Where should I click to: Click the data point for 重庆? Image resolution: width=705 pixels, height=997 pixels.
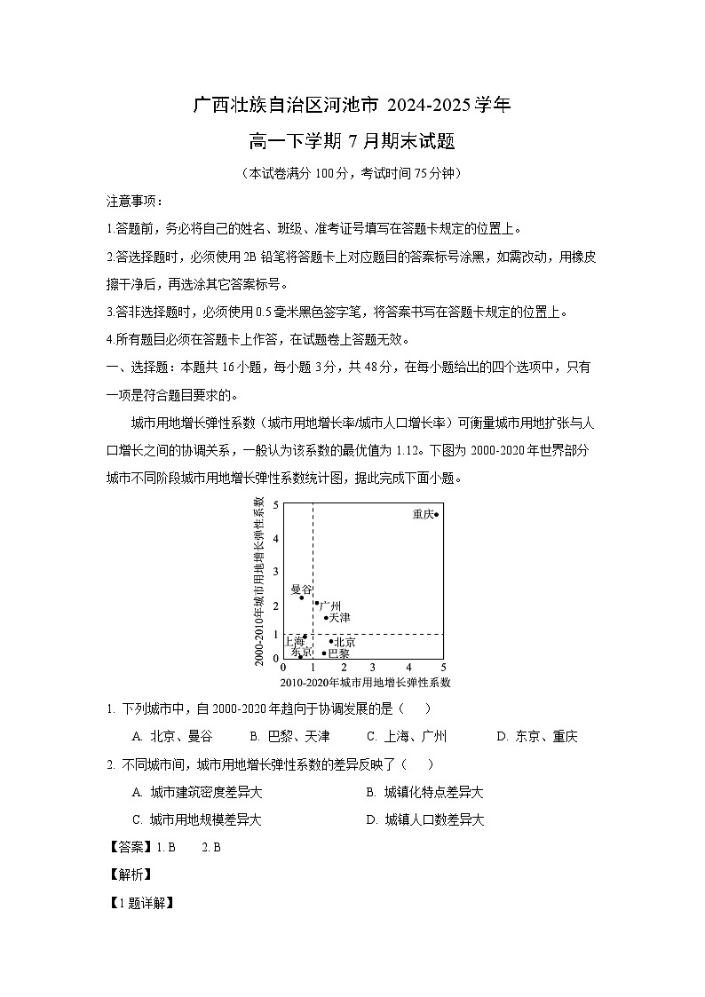pyautogui.click(x=436, y=514)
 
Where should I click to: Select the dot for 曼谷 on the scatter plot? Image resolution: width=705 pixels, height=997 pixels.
pyautogui.click(x=302, y=597)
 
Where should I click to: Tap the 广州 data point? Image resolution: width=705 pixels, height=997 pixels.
pyautogui.click(x=317, y=603)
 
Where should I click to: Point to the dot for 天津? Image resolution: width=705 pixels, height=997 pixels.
pyautogui.click(x=326, y=617)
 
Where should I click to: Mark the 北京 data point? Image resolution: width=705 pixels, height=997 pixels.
pyautogui.click(x=331, y=641)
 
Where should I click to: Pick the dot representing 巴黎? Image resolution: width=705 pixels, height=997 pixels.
pyautogui.click(x=324, y=653)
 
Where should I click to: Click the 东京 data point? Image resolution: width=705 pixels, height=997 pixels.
pyautogui.click(x=301, y=656)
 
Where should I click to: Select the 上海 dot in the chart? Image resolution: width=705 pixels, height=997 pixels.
pyautogui.click(x=305, y=636)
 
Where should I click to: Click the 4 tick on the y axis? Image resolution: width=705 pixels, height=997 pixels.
pyautogui.click(x=276, y=538)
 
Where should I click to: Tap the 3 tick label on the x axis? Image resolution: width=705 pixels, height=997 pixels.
pyautogui.click(x=372, y=667)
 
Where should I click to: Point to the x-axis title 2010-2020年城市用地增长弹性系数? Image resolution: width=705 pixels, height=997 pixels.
pyautogui.click(x=365, y=683)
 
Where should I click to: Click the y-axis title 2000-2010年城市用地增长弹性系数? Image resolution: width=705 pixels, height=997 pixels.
pyautogui.click(x=259, y=582)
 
